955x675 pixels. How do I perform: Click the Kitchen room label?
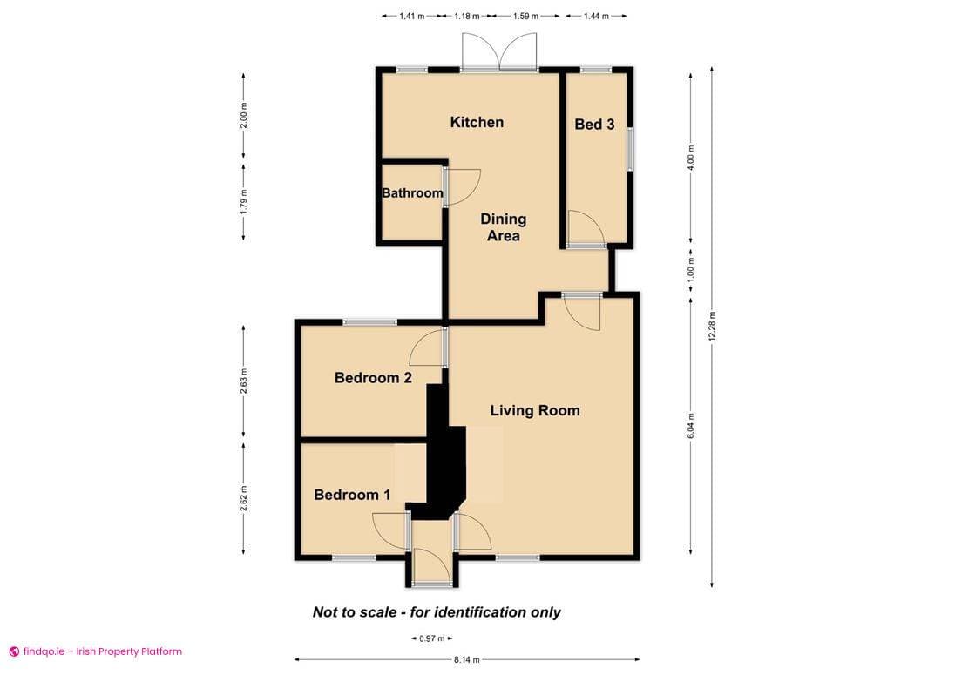pyautogui.click(x=477, y=122)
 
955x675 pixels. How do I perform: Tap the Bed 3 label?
pyautogui.click(x=594, y=125)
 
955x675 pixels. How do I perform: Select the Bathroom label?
pyautogui.click(x=412, y=192)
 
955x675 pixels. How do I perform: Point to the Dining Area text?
pyautogui.click(x=503, y=227)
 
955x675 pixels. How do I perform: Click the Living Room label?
pyautogui.click(x=534, y=410)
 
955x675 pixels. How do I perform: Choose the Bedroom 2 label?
pyautogui.click(x=373, y=378)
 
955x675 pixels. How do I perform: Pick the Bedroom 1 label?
pyautogui.click(x=352, y=495)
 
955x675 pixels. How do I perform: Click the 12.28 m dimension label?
pyautogui.click(x=712, y=327)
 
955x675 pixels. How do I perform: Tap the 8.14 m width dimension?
pyautogui.click(x=466, y=660)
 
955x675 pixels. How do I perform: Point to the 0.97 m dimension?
pyautogui.click(x=427, y=639)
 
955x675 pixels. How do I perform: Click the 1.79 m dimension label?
pyautogui.click(x=243, y=202)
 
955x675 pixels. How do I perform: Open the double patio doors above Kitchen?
pyautogui.click(x=500, y=52)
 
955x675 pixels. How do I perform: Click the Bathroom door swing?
pyautogui.click(x=460, y=186)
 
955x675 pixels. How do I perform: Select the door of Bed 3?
pyautogui.click(x=586, y=230)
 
